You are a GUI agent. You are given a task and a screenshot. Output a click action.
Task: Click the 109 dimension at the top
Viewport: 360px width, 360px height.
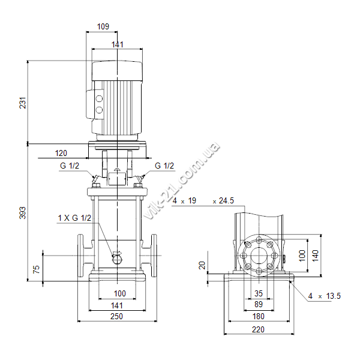tap(103, 26)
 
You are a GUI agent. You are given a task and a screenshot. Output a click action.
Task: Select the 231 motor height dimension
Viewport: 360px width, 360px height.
tap(23, 103)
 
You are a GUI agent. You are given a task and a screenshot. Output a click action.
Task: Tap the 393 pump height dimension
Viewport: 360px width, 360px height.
tap(23, 213)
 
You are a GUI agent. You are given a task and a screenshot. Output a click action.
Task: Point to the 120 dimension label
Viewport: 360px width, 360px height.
tap(61, 153)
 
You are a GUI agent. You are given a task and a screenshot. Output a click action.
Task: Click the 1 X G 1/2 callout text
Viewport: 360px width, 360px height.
tap(74, 218)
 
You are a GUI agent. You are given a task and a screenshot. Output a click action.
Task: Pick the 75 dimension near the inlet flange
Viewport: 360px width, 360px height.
tap(37, 269)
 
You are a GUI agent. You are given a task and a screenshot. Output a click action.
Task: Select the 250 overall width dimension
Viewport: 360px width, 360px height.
tap(116, 316)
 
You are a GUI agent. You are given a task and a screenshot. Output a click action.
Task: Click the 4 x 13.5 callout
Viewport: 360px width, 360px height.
tap(325, 296)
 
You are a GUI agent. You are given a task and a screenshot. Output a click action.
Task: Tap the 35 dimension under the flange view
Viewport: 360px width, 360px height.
tap(259, 293)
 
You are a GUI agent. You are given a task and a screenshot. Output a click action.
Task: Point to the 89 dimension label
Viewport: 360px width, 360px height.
tap(259, 304)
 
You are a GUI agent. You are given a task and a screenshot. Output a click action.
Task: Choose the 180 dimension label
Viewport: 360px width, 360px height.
tap(259, 316)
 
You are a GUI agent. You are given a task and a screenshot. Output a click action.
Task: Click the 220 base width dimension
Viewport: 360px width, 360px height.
tap(258, 329)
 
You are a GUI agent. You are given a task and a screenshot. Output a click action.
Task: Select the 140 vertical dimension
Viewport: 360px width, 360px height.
tap(316, 256)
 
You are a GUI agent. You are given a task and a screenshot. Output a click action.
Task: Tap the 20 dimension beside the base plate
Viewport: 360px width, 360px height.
tap(202, 265)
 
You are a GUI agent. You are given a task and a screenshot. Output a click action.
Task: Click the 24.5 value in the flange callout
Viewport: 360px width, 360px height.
tap(226, 200)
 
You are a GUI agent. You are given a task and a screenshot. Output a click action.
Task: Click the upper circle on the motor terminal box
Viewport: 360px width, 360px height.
tap(99, 99)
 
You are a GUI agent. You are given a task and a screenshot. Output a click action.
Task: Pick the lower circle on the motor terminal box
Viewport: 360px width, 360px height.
tap(99, 110)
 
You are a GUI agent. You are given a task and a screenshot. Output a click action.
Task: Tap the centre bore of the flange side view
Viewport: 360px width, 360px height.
tap(259, 256)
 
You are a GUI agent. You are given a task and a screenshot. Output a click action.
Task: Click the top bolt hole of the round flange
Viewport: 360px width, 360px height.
tap(259, 241)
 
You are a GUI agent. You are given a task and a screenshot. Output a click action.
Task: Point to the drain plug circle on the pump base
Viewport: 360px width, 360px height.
tap(117, 259)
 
